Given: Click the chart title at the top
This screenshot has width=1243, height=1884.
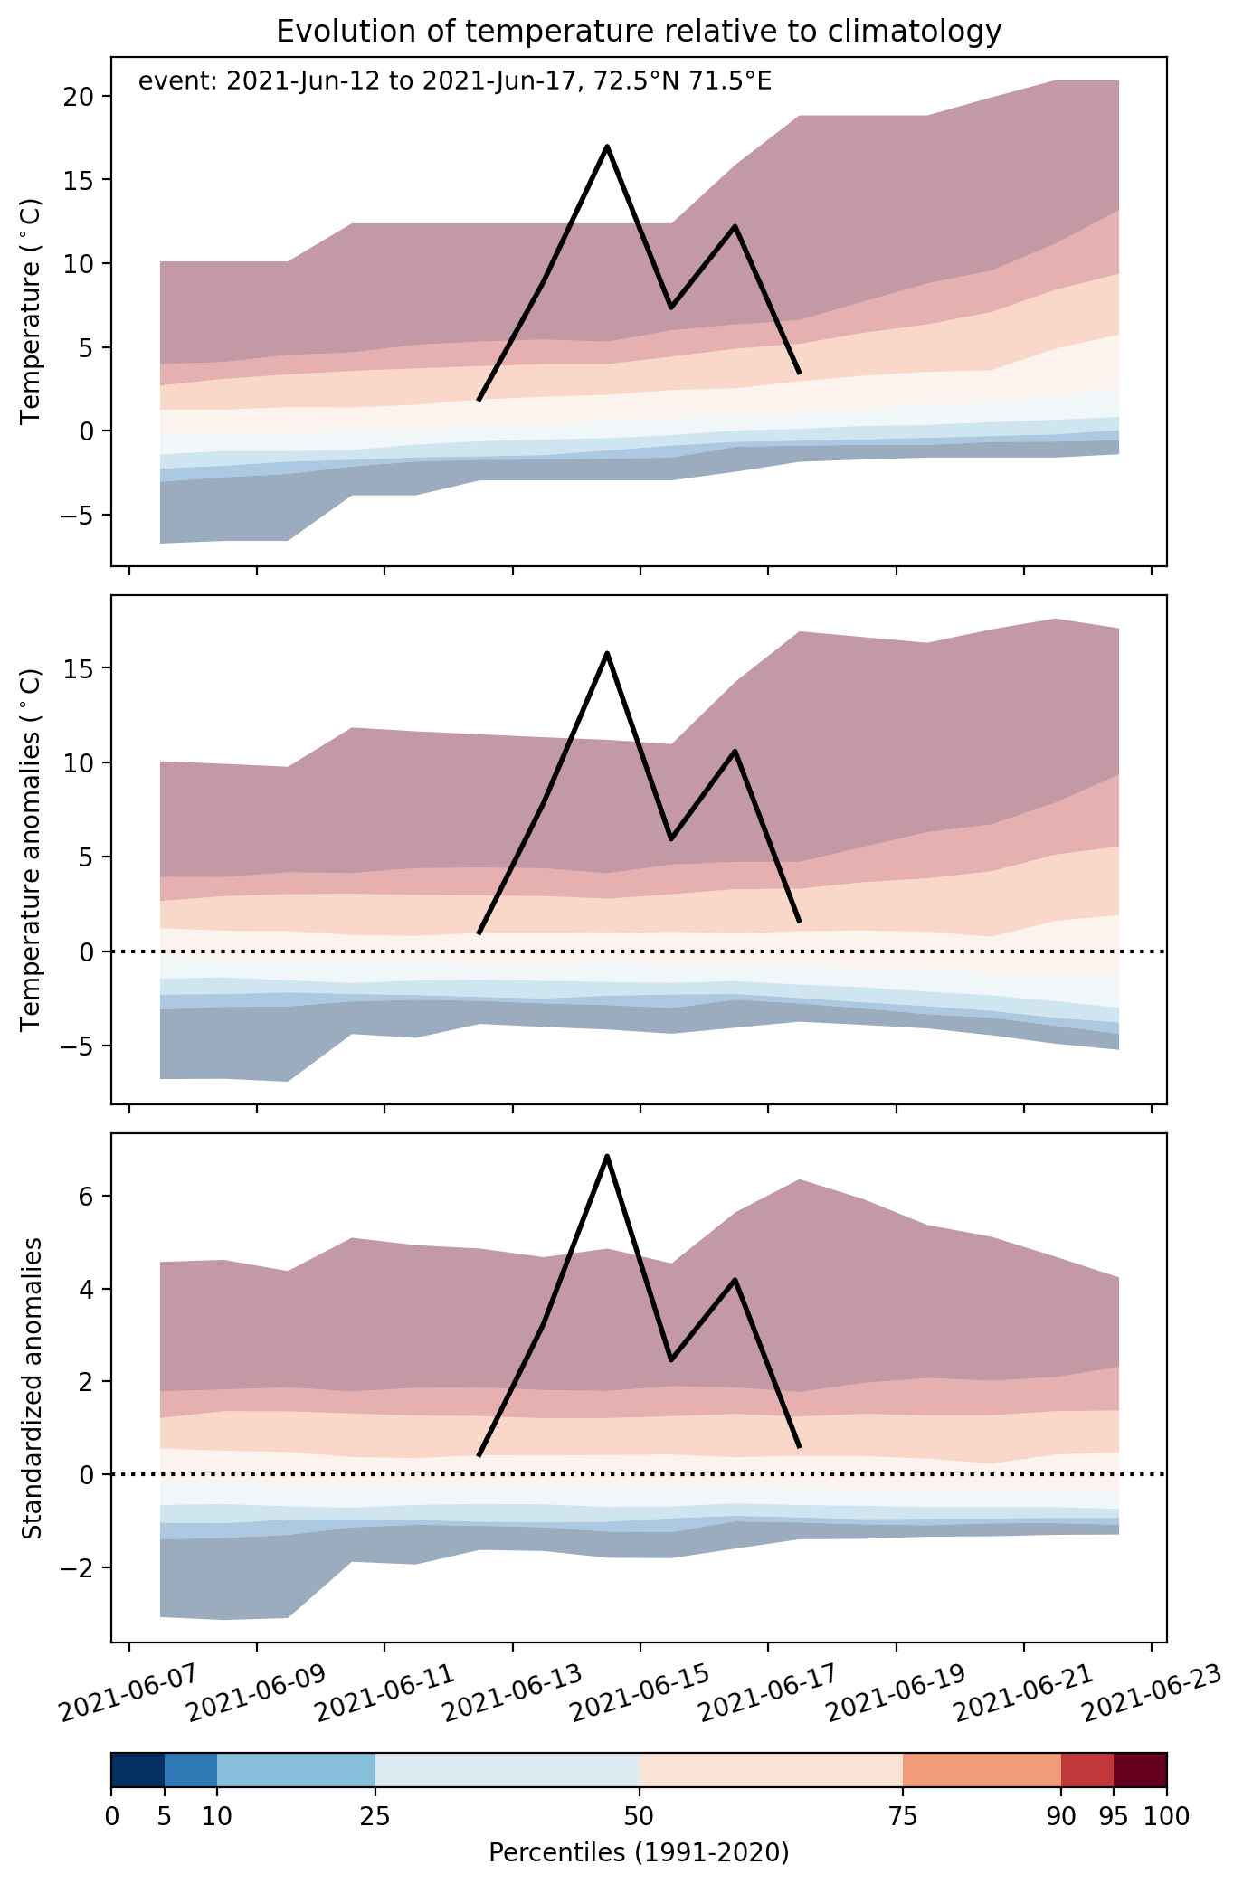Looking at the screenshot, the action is tap(639, 31).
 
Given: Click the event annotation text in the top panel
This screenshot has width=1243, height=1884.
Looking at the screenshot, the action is tap(454, 82).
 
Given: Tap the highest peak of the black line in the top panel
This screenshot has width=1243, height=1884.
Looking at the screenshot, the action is tap(607, 146).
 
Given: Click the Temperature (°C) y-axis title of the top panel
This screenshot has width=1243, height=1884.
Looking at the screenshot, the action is tap(32, 311).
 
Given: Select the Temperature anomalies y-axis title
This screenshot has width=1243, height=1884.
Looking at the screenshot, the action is tap(32, 849).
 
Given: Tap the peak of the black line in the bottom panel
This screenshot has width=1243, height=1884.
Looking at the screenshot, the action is tap(607, 1156).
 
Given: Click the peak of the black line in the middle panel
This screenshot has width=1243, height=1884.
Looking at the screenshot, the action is tap(607, 653).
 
